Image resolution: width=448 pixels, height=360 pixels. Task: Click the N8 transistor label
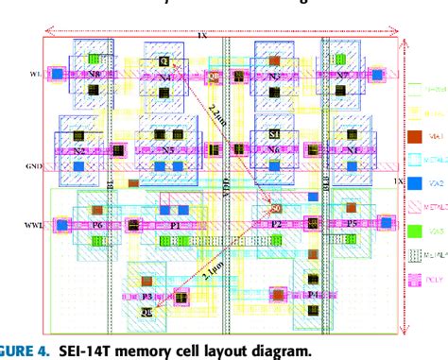pyautogui.click(x=93, y=72)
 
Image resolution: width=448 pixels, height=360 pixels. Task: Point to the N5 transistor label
pyautogui.click(x=167, y=149)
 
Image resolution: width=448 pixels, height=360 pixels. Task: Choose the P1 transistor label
pyautogui.click(x=175, y=226)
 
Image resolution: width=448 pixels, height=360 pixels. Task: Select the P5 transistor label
pyautogui.click(x=351, y=225)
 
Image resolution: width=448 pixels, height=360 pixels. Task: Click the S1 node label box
pyautogui.click(x=275, y=135)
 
